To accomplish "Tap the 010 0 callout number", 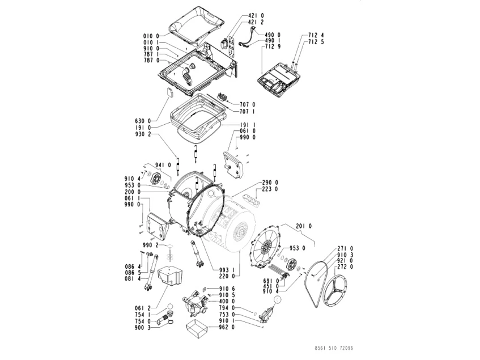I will coord(150,36).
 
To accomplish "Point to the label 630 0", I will coord(143,121).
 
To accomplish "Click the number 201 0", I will coord(303,226).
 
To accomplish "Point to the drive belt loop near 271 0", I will coord(318,283).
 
